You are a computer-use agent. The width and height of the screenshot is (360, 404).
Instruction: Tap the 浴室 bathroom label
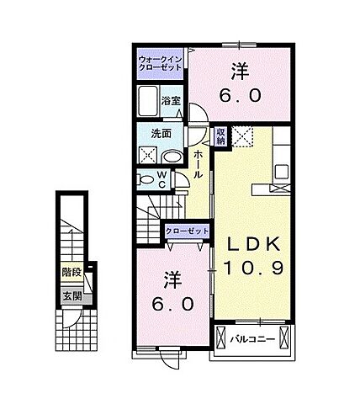[172, 99]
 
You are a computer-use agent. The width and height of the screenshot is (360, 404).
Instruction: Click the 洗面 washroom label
[161, 133]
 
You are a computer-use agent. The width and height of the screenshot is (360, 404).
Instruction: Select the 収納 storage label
[220, 136]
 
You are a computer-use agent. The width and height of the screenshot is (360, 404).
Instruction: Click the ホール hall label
[198, 162]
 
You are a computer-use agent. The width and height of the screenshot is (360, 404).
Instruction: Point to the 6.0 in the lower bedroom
[172, 301]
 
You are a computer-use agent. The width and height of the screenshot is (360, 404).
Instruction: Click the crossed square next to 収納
[241, 136]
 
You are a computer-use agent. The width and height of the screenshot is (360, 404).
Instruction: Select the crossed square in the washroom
[147, 155]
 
